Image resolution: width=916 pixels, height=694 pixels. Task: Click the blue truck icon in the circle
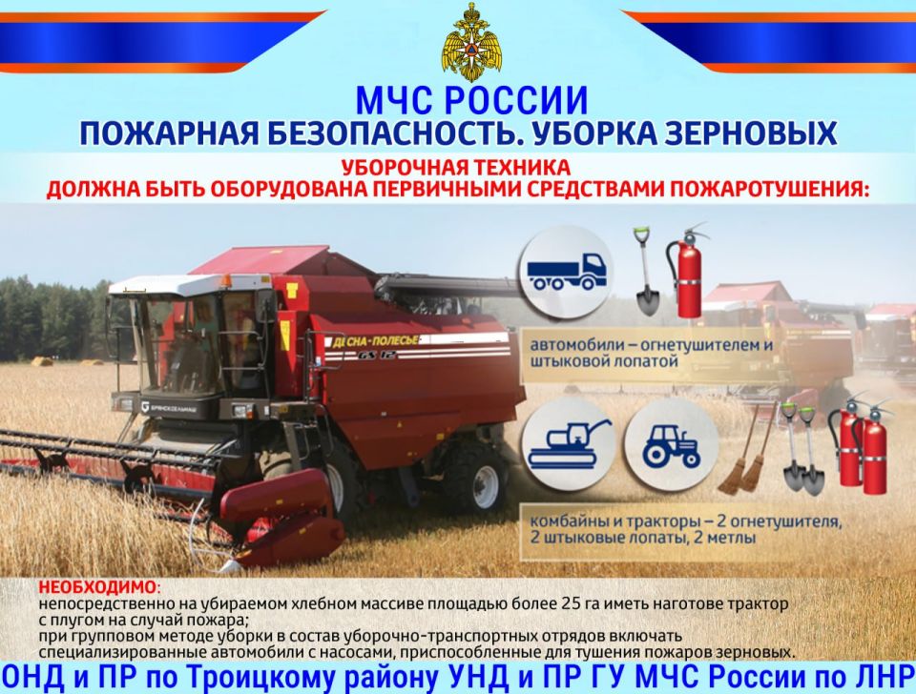pos(567,272)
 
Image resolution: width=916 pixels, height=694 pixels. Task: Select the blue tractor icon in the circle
pos(671,446)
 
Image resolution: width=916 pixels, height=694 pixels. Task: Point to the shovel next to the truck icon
pos(646,272)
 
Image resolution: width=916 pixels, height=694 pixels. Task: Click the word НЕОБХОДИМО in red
pos(97,586)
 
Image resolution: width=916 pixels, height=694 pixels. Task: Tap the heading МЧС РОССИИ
pos(471,100)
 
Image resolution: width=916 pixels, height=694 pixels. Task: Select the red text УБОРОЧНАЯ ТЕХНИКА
pos(456,168)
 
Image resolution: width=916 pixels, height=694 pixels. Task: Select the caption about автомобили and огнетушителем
pos(651,353)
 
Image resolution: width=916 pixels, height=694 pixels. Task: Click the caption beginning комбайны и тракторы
pos(685,529)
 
